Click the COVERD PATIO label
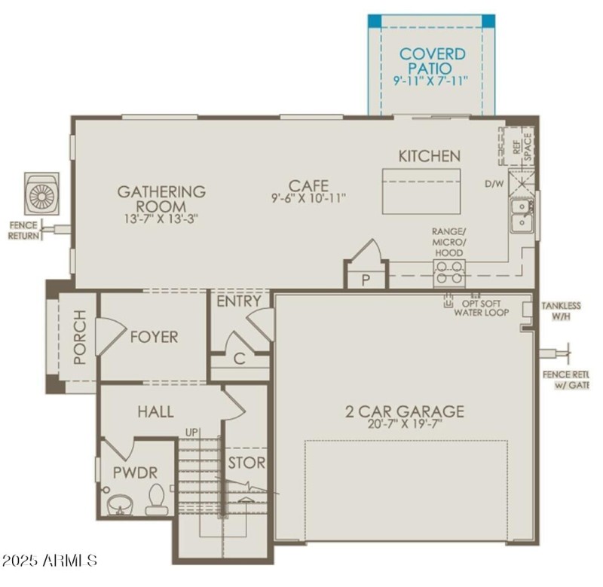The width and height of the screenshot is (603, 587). click(x=432, y=60)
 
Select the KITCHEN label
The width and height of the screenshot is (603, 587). click(x=429, y=156)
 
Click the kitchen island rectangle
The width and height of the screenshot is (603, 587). click(x=421, y=191)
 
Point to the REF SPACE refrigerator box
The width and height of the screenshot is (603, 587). click(x=517, y=146)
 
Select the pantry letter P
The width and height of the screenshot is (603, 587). click(x=366, y=280)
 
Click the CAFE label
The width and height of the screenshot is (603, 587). click(x=308, y=185)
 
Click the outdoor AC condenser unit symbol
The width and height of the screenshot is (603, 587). click(x=41, y=194)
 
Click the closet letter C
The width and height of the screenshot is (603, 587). click(x=239, y=359)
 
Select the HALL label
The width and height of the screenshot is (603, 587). click(x=155, y=412)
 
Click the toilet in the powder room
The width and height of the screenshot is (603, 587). click(x=157, y=499)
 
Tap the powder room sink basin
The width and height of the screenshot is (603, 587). click(x=119, y=503)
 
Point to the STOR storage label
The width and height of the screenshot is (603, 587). click(x=248, y=462)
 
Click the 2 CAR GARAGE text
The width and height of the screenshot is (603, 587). click(x=405, y=411)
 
